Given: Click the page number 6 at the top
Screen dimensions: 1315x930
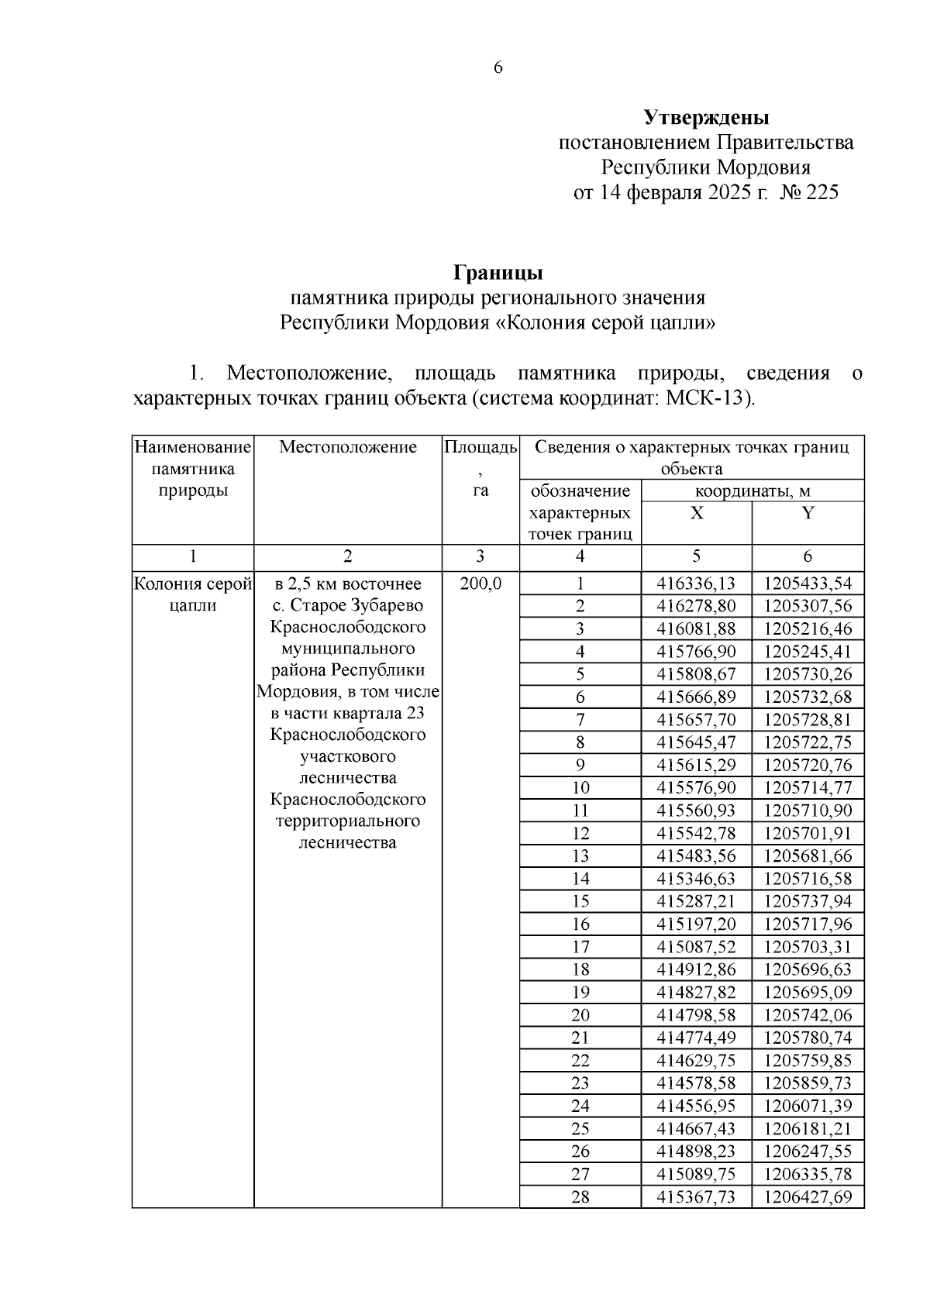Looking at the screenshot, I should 498,68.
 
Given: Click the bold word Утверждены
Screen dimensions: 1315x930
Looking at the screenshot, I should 706,118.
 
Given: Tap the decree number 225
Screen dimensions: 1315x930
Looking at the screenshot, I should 822,192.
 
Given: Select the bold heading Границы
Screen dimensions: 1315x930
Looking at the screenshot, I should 498,273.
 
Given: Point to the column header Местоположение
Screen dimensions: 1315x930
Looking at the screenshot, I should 347,447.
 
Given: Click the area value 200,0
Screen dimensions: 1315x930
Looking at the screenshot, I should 480,583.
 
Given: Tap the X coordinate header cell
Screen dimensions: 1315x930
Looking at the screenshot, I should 696,513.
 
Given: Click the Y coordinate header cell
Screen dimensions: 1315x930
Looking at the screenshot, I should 808,513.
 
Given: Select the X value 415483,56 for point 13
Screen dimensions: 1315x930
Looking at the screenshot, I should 696,856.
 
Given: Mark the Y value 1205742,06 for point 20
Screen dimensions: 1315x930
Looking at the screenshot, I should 808,1015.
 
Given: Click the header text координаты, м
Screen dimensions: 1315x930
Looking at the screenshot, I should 752,491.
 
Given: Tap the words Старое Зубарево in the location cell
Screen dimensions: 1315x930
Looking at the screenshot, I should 356,605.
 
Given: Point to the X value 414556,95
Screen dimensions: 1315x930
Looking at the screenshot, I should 696,1106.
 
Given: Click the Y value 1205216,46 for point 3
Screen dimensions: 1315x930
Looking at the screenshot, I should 808,628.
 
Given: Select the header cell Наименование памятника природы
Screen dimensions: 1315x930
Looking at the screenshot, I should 193,469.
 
